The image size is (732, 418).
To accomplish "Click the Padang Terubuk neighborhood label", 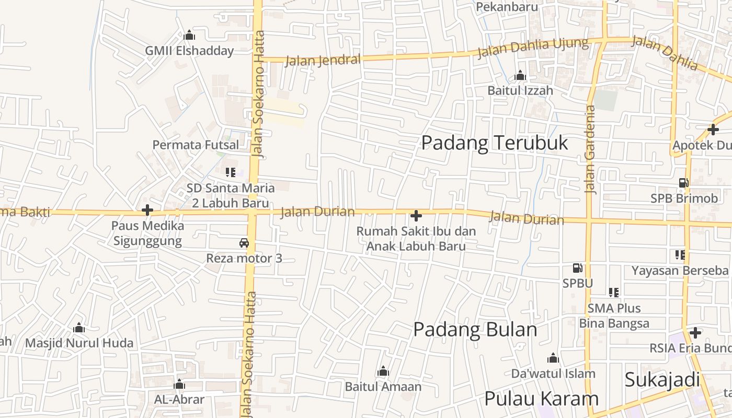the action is (494, 143).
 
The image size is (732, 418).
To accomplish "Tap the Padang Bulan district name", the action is (475, 330).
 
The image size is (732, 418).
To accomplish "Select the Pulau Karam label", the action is (541, 399).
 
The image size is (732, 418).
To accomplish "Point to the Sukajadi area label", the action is (662, 380).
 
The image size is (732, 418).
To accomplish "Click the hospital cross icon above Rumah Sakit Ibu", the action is (416, 215).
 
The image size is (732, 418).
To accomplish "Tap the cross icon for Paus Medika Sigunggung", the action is (147, 210).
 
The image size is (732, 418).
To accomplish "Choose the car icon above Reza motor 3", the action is (244, 243).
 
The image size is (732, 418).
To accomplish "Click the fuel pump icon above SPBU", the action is (578, 268).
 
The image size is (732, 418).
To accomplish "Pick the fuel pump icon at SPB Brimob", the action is (683, 183).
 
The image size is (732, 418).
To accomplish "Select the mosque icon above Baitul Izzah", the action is (520, 76).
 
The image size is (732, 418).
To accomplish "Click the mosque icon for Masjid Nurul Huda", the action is (79, 328).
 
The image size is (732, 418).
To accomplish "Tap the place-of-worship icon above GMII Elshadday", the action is (189, 36).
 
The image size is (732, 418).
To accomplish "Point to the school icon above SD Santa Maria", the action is (230, 172).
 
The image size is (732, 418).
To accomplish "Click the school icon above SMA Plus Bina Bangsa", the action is (613, 293).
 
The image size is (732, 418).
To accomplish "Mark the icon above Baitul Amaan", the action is (383, 372).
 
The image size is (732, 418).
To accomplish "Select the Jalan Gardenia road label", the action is (590, 149).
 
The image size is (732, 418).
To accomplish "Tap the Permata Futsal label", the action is (196, 145).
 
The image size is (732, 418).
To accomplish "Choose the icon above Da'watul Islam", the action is (553, 358).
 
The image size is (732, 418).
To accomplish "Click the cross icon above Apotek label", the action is (713, 129).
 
